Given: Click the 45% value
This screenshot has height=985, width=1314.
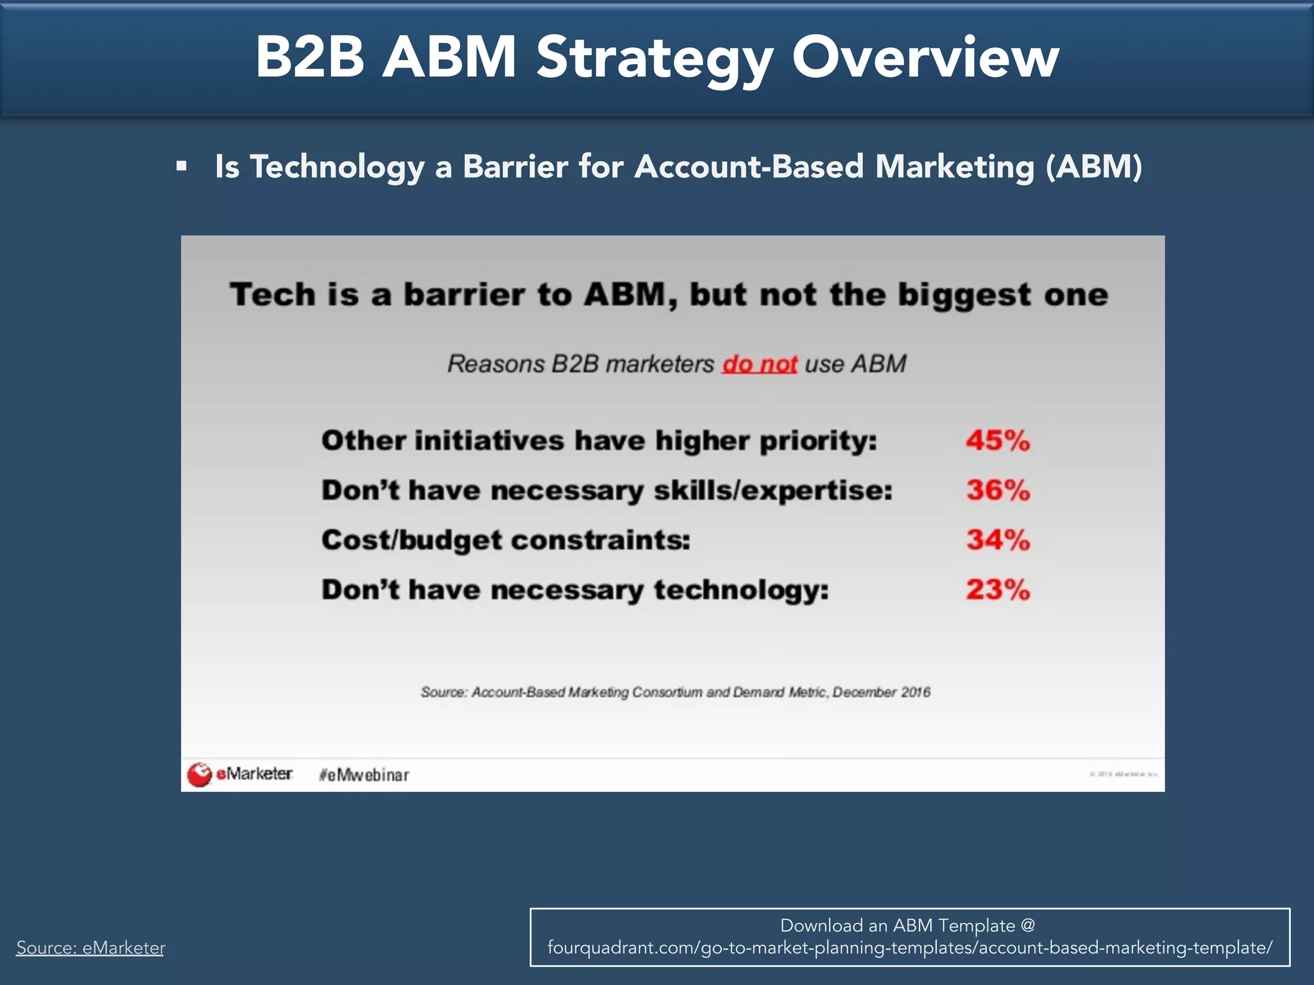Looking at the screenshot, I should pyautogui.click(x=998, y=441).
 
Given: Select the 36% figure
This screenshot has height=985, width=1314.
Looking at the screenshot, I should pyautogui.click(x=998, y=491).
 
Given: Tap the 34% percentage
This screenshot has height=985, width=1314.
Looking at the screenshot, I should pyautogui.click(x=998, y=540).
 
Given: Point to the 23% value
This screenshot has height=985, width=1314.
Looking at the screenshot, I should pyautogui.click(x=998, y=589).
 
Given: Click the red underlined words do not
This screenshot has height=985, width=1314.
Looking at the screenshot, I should pyautogui.click(x=760, y=364).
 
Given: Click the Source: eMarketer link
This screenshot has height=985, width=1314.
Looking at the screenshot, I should pyautogui.click(x=90, y=947).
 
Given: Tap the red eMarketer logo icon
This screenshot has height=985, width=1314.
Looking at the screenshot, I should pyautogui.click(x=200, y=774).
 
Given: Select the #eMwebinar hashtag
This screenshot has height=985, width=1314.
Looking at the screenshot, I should pyautogui.click(x=364, y=775).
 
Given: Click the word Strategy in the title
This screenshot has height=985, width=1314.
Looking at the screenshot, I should pyautogui.click(x=654, y=59).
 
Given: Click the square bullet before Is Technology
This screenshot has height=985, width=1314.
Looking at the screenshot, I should pyautogui.click(x=182, y=167).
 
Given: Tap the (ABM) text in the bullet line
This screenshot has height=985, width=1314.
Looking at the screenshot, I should pyautogui.click(x=1093, y=167).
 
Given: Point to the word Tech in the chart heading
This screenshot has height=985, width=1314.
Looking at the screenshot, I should pyautogui.click(x=273, y=295).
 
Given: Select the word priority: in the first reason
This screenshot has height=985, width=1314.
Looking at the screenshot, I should pyautogui.click(x=818, y=442).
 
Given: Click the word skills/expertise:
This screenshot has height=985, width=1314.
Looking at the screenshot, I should pyautogui.click(x=772, y=491).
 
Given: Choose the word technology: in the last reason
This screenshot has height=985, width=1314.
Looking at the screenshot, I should pyautogui.click(x=741, y=590).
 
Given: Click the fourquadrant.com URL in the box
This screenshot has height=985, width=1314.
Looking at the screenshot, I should pyautogui.click(x=909, y=948).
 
